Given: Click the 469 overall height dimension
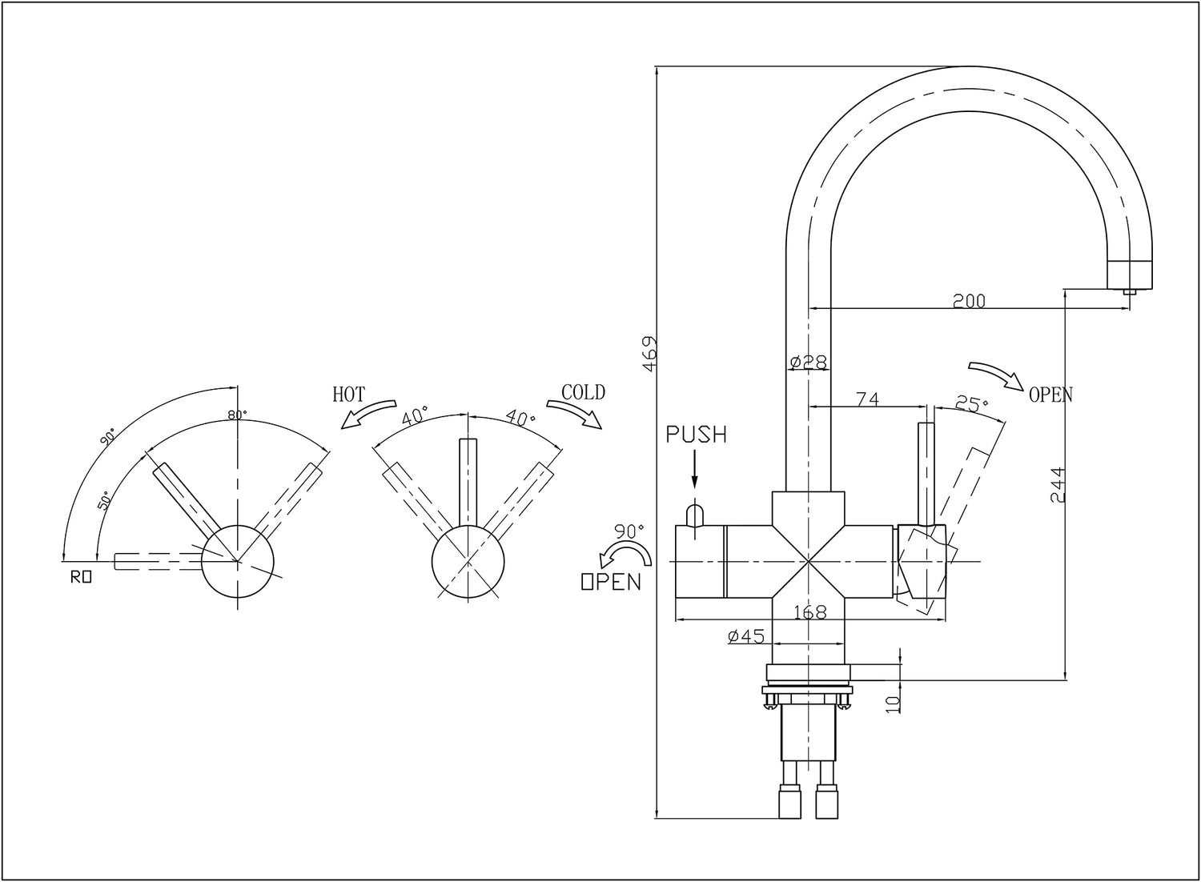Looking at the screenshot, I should click(x=650, y=353).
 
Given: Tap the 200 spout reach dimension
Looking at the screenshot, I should click(x=969, y=301).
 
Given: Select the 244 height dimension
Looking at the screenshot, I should click(x=1057, y=484).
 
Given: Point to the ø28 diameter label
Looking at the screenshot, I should click(x=807, y=363).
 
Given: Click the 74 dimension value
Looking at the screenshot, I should click(x=867, y=399).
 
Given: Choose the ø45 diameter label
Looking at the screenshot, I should click(x=747, y=636).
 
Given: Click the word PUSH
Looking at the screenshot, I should click(x=697, y=435).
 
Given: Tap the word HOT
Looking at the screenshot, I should click(x=349, y=394).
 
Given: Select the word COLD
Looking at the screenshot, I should click(x=583, y=392).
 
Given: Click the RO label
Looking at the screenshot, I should click(x=81, y=575).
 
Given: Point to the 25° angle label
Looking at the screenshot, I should click(x=970, y=404).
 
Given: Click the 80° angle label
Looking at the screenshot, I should click(x=237, y=415).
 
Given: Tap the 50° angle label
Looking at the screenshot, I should click(x=104, y=502).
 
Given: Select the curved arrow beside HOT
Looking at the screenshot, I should click(x=368, y=414).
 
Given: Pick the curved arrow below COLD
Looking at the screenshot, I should click(x=574, y=412).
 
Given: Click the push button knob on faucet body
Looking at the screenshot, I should click(x=695, y=514).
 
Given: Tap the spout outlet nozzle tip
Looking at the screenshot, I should click(x=1129, y=293).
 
